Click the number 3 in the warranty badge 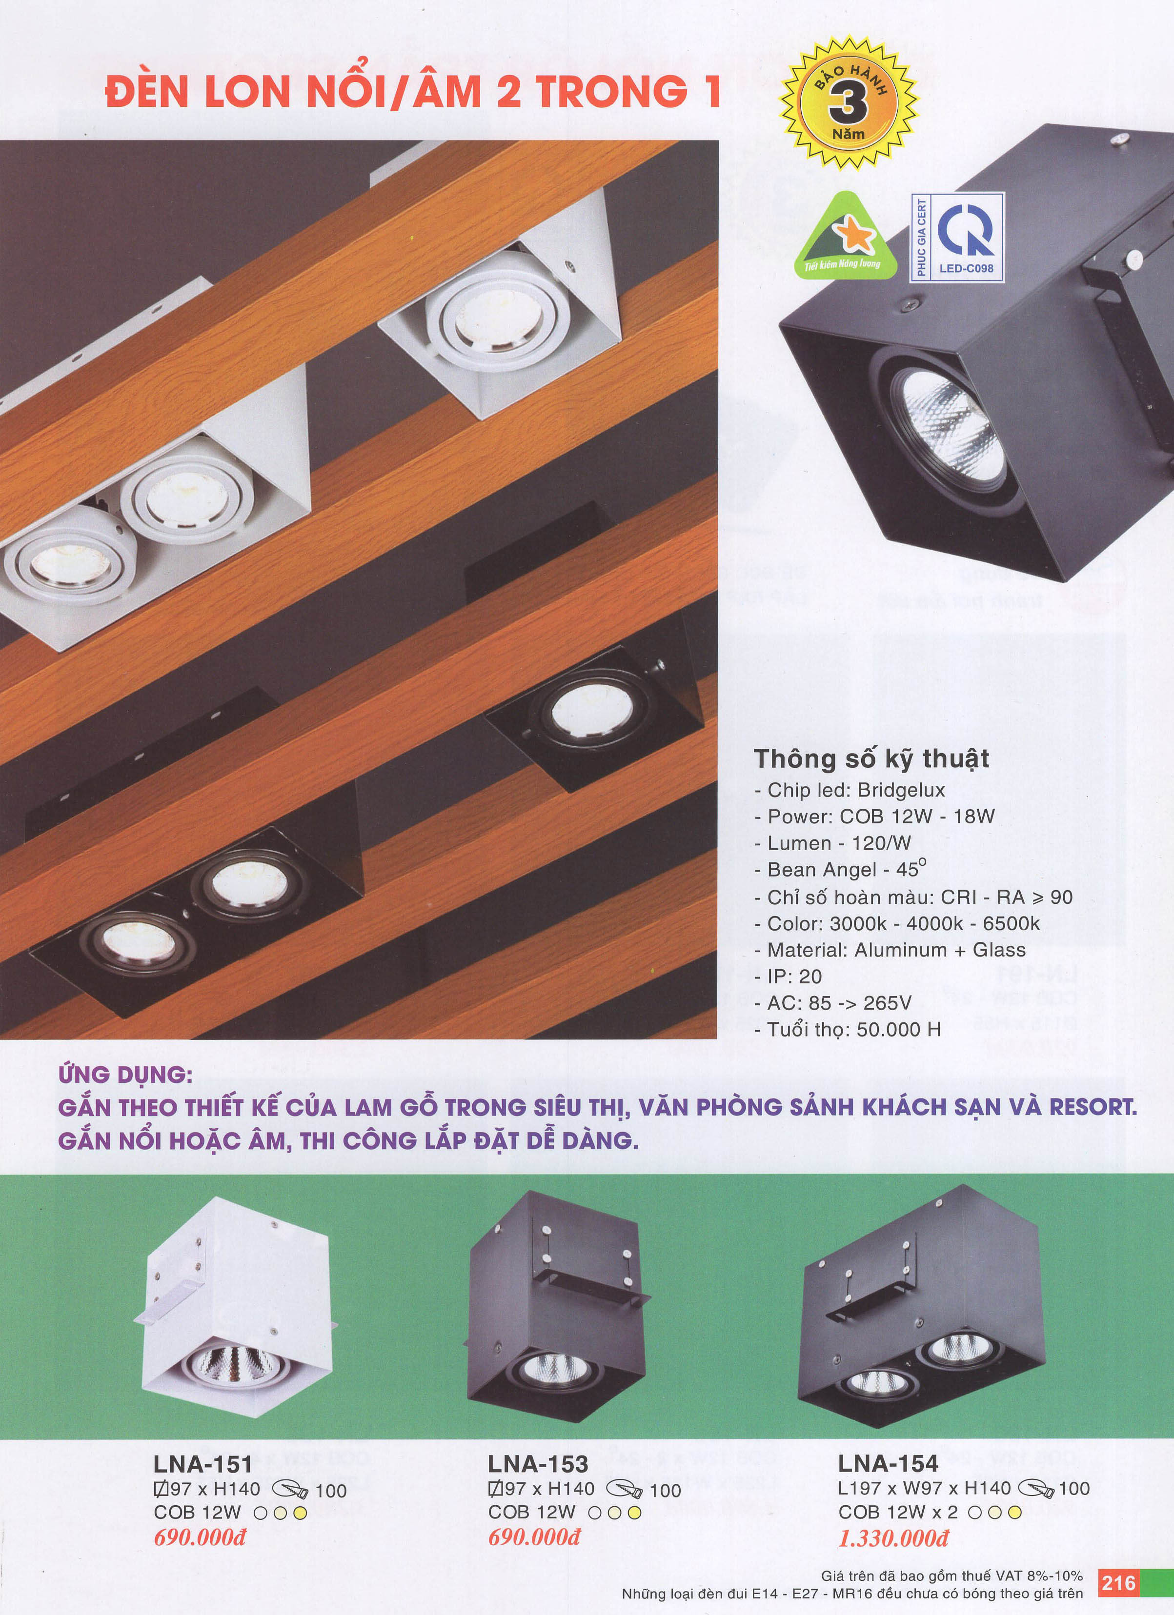pos(848,104)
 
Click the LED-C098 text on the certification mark pos(966,268)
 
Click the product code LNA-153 pos(538,1463)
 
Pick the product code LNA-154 pos(889,1463)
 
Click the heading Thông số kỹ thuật pos(871,758)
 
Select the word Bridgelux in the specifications pos(901,790)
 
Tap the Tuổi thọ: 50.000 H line pos(848,1029)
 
